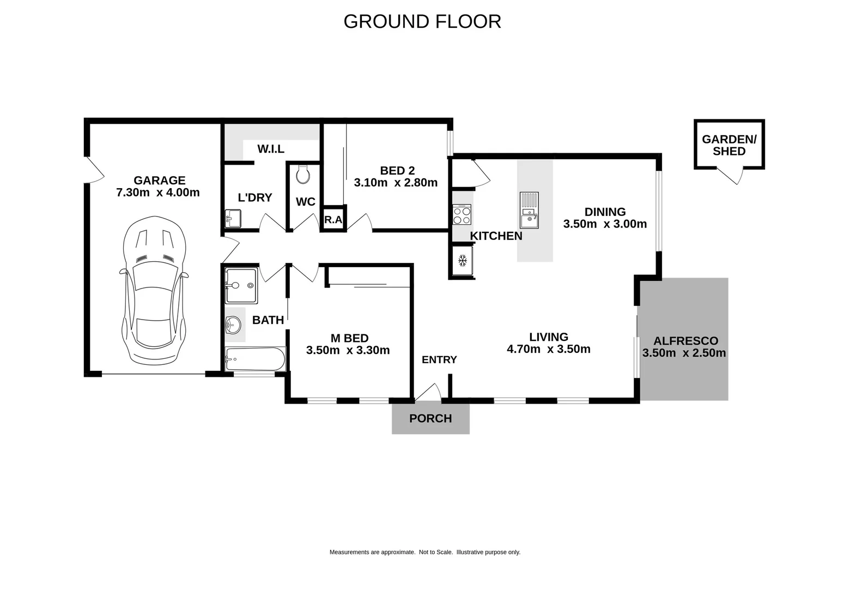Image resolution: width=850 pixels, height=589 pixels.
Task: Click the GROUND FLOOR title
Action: coord(422,22)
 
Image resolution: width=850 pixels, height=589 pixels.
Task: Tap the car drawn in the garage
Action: coord(154,291)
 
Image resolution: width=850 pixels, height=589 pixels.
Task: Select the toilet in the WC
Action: coord(303,175)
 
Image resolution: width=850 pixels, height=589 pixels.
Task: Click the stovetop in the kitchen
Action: coord(462,214)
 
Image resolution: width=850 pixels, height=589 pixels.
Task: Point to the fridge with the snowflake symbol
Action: coord(462,261)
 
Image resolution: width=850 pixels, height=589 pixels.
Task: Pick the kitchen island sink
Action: coord(529,210)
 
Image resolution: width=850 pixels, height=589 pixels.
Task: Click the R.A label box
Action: coord(333,219)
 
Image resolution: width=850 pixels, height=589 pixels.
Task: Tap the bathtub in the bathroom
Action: coord(255,359)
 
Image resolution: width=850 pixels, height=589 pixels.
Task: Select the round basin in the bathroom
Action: coord(233,324)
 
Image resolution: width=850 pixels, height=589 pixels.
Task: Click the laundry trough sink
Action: coord(233,219)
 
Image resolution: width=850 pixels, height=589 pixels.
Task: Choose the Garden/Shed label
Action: coord(729,145)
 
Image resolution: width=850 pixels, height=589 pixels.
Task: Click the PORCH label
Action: coord(430,418)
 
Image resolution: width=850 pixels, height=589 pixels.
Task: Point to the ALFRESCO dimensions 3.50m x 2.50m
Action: coord(684,353)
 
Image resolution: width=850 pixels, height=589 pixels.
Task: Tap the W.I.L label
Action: coord(271,149)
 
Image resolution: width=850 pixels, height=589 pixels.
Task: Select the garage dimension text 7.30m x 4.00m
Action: coord(158,193)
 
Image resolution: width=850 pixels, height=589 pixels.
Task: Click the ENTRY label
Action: coord(439,359)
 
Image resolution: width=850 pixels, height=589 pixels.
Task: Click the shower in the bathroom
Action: coord(241,286)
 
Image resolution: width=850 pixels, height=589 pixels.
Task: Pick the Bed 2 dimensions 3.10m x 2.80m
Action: coord(396,183)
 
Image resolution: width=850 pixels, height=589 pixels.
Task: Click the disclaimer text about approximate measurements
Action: coord(424,552)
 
